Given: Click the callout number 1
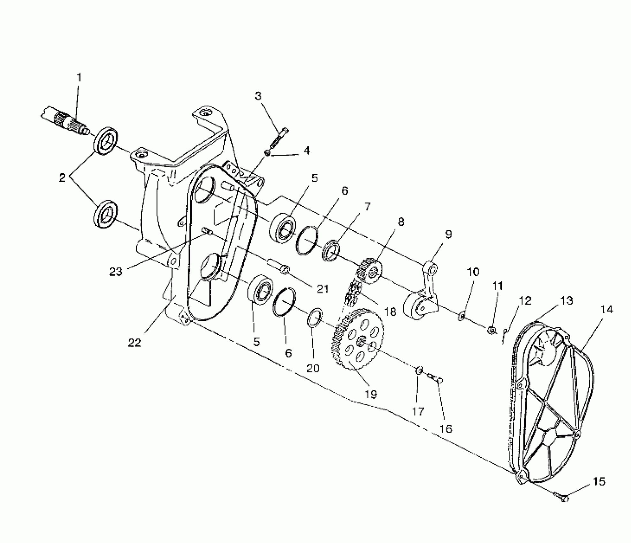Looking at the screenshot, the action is pos(79,78).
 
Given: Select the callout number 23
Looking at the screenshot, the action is pos(116,272).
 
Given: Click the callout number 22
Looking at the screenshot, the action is pos(134,343).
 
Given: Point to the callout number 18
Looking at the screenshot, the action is pos(390,311).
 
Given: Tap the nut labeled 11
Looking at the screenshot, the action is pos(492,330).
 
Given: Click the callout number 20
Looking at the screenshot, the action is pos(313,368).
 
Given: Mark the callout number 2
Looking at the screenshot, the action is pos(62,178).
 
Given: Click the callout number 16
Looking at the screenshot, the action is pos(446,429).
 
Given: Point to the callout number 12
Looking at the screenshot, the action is pos(525,301).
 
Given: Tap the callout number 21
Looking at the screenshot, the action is pos(323,288).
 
